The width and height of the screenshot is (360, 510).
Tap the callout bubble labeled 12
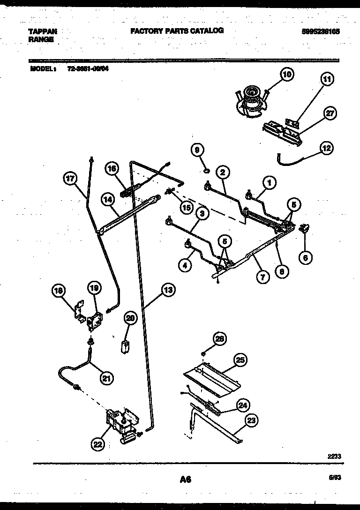(326, 148)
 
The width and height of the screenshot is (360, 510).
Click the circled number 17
(70, 178)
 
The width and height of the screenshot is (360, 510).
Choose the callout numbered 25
(240, 360)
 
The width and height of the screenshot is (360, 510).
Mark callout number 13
(167, 290)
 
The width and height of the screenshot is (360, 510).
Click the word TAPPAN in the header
(43, 31)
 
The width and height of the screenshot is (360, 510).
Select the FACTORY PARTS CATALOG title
(176, 30)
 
